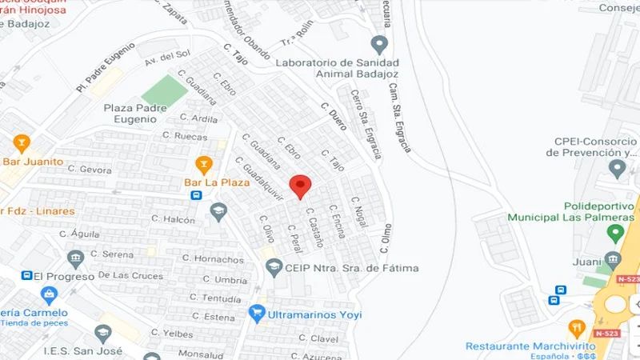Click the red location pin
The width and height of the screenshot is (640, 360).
coord(300,186)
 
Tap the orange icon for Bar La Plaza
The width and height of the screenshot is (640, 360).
coord(204,166)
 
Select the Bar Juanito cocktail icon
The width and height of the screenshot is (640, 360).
coord(22,145)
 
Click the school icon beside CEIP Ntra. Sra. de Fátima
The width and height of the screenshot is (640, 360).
coord(274,267)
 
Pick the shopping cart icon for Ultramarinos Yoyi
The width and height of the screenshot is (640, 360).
coord(256,312)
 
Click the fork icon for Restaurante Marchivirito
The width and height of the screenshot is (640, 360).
coord(576,327)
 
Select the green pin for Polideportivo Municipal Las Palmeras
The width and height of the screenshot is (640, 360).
coord(615,234)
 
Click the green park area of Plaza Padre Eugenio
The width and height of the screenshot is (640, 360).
coord(164,90)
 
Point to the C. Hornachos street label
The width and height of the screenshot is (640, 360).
coord(212,259)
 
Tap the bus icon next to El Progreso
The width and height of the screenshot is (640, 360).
coord(26,275)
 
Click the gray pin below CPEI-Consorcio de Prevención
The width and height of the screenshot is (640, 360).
coord(616,168)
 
